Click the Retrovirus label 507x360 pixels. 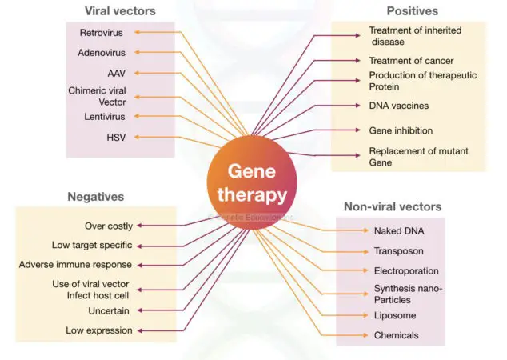(x=100, y=33)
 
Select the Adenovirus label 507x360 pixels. (x=102, y=54)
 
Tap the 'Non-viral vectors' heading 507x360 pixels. (x=392, y=206)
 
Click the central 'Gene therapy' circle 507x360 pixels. (x=251, y=183)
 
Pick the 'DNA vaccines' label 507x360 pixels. (x=399, y=105)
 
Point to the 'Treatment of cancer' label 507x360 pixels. (x=411, y=61)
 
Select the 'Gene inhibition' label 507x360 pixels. (x=401, y=130)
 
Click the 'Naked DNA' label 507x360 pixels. (x=399, y=231)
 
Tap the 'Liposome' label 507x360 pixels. (x=395, y=316)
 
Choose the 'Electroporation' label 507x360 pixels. (x=406, y=270)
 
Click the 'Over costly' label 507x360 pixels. (x=109, y=226)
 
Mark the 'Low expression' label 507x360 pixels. (x=99, y=330)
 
